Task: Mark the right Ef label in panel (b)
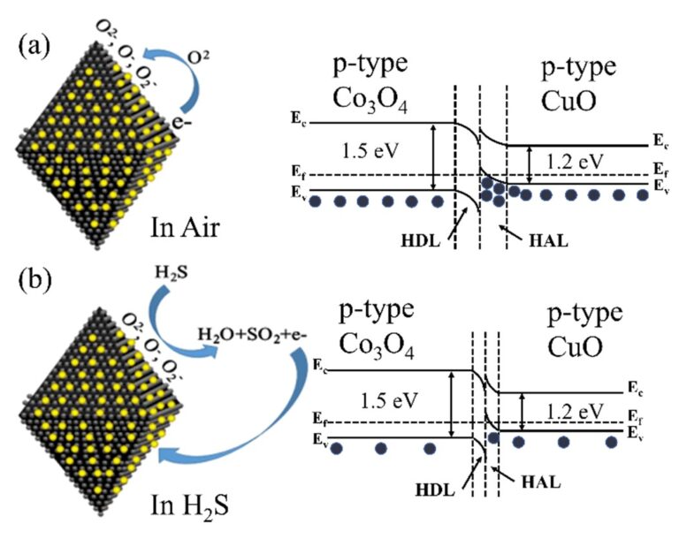click(x=636, y=414)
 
